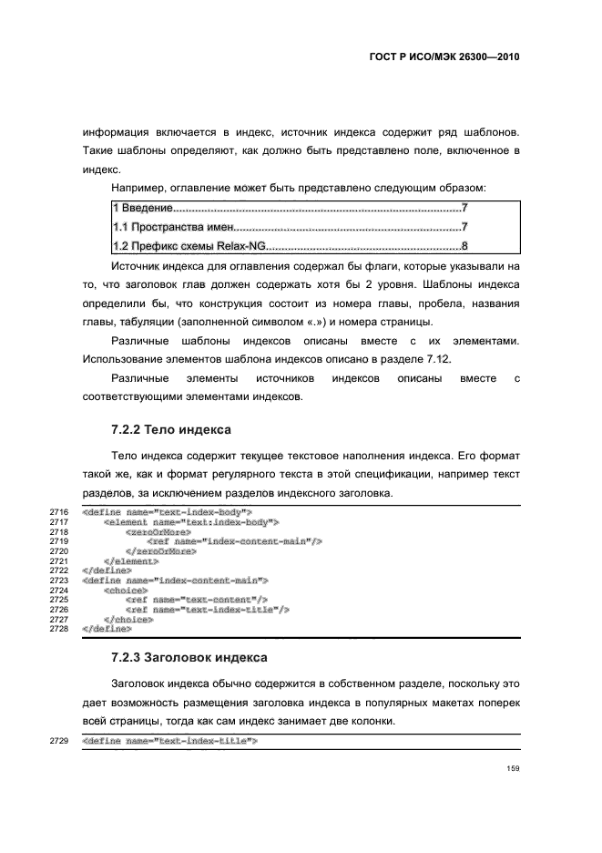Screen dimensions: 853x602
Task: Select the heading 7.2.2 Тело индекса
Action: (170, 428)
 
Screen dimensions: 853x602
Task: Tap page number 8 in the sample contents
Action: (464, 246)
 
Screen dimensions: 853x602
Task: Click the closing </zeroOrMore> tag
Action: (160, 551)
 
